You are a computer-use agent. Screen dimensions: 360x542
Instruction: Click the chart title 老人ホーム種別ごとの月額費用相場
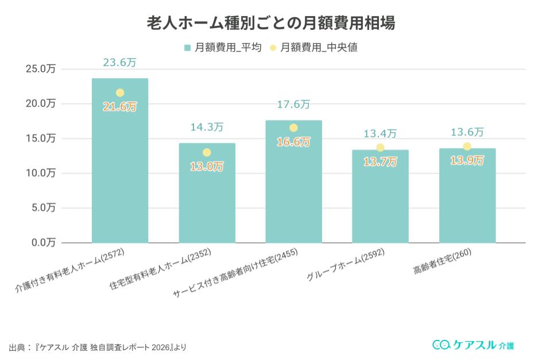[x=271, y=24]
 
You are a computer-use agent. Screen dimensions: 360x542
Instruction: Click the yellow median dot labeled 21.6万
[x=120, y=93]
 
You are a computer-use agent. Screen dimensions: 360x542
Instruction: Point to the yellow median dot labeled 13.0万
[x=207, y=153]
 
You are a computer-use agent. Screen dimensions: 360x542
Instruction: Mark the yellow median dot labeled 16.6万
[x=293, y=128]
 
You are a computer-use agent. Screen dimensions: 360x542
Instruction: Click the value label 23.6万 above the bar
[x=119, y=63]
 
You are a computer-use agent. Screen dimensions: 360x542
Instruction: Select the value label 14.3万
[x=207, y=127]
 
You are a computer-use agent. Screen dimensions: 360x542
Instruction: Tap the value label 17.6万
[x=293, y=104]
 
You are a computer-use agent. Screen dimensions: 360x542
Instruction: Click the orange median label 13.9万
[x=467, y=161]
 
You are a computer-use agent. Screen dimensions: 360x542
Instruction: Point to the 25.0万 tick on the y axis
[x=41, y=69]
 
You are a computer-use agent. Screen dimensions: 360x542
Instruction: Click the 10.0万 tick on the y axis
[x=41, y=173]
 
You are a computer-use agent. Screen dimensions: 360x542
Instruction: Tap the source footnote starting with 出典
[x=98, y=347]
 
